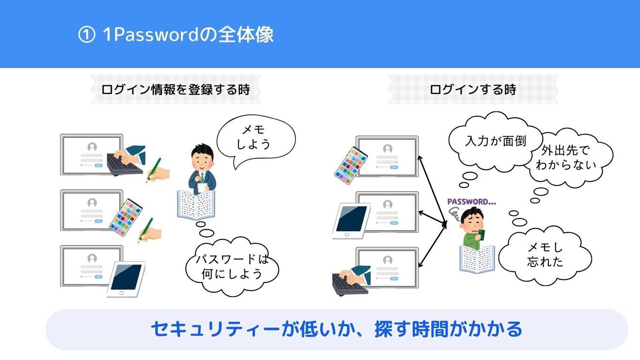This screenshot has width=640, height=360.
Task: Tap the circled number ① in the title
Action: coord(87,35)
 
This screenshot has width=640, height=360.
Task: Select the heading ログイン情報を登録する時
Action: coord(176,89)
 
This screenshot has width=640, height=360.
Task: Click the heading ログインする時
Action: coord(473,89)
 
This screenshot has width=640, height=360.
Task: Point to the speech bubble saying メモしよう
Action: coord(256,139)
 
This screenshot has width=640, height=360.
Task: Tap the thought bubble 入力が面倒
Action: coord(496,141)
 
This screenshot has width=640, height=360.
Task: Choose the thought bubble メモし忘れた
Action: coord(545,255)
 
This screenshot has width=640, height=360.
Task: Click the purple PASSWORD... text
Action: coord(471,202)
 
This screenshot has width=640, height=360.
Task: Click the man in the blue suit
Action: coord(202,169)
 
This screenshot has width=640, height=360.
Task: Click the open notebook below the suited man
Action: coord(196,204)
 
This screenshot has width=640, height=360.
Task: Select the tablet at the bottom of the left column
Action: coord(126,280)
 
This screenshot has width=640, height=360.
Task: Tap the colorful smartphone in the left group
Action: coord(126,218)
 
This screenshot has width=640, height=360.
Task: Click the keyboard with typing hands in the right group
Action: coord(352,281)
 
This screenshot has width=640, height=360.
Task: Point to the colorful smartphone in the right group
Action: coord(351,165)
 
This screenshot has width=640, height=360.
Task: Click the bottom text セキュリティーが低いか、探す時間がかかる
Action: coord(336,329)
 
